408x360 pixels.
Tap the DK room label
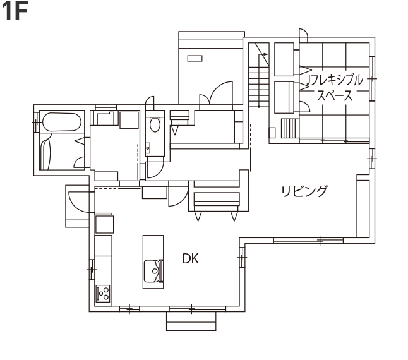[191, 258]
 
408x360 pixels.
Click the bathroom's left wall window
[36, 118]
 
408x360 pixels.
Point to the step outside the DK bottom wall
[191, 321]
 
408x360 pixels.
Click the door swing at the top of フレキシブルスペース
[303, 35]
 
